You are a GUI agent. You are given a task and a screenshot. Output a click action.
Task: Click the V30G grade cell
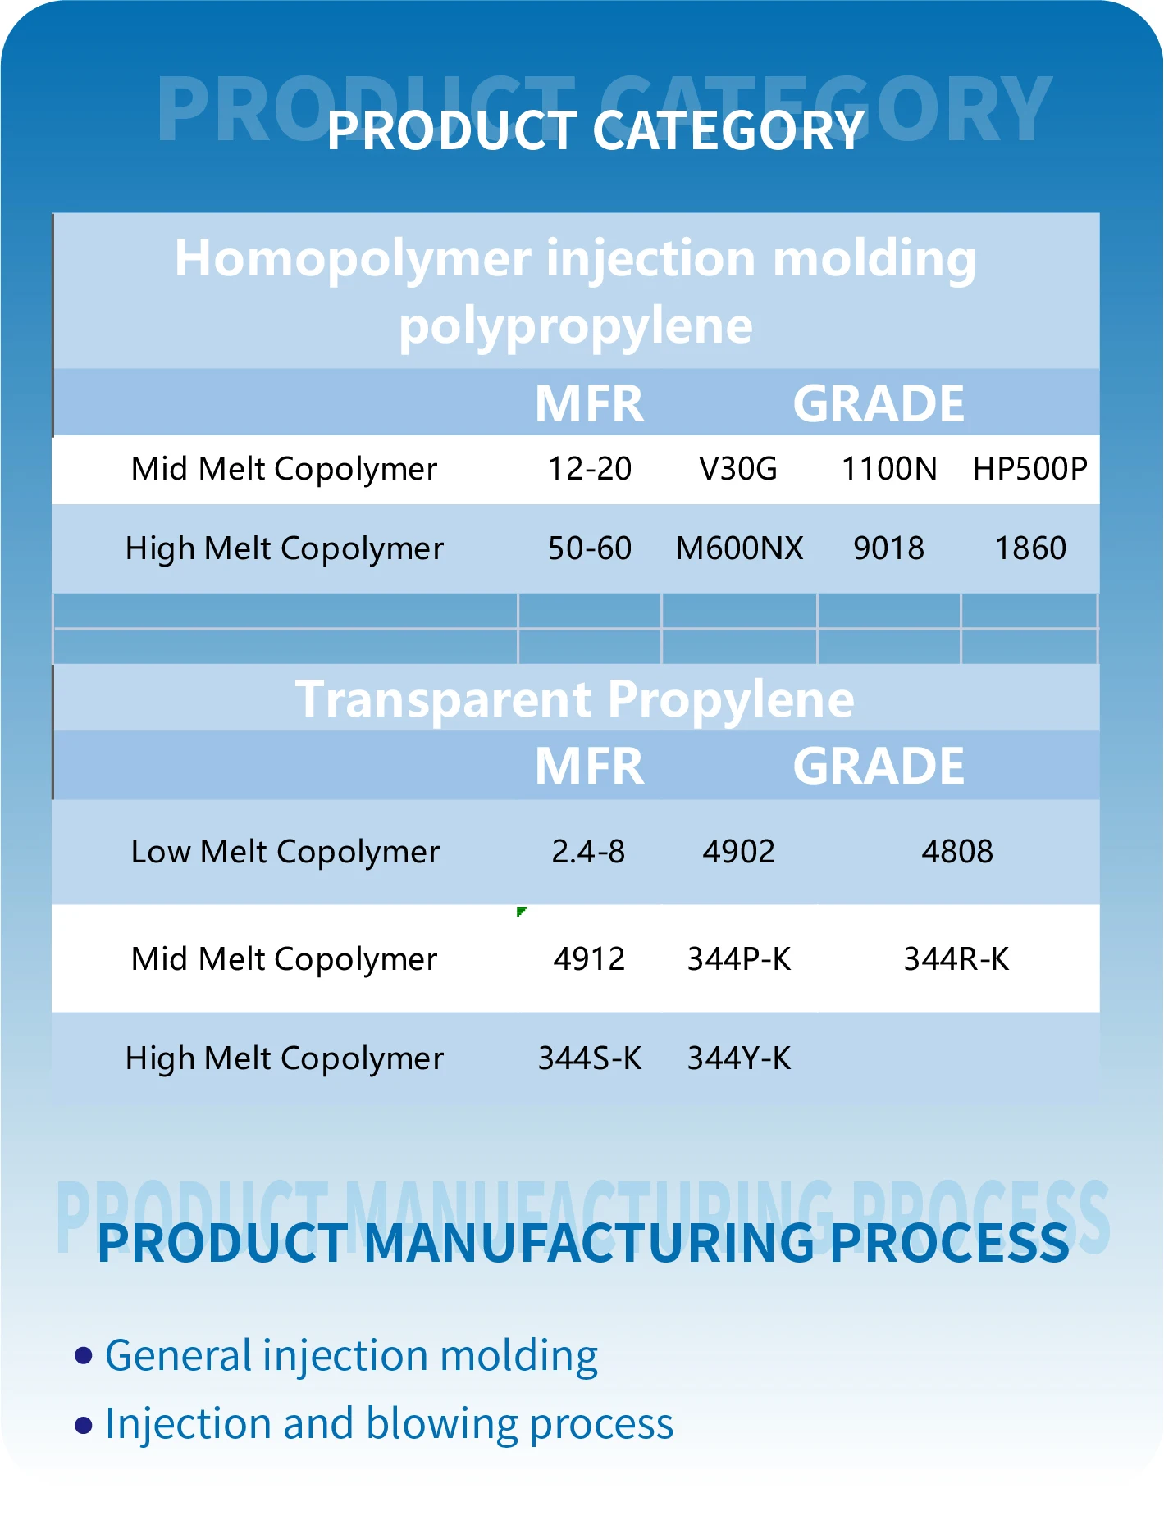click(737, 469)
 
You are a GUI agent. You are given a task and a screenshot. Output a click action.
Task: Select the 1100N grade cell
click(889, 469)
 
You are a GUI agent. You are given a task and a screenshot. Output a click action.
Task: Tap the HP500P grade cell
click(1029, 469)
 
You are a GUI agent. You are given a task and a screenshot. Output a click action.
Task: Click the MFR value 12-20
click(589, 469)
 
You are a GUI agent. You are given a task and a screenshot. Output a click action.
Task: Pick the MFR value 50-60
click(589, 548)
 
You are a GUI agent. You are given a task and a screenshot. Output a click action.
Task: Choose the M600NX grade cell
click(739, 548)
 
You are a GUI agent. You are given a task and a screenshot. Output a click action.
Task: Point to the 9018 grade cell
click(888, 548)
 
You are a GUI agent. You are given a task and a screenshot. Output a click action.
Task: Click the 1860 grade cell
click(1030, 548)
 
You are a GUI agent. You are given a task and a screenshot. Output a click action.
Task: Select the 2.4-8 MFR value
click(588, 852)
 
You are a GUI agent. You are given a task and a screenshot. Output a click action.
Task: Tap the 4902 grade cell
click(738, 852)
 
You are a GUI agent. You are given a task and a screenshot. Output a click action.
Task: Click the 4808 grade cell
click(957, 852)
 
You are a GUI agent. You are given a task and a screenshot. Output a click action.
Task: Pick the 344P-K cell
click(739, 959)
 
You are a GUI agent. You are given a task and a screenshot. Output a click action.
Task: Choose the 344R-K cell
click(956, 959)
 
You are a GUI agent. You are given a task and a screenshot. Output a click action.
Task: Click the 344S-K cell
click(589, 1058)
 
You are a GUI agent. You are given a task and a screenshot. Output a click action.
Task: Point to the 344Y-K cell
click(739, 1058)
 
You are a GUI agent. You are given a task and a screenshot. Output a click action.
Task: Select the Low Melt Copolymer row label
click(285, 852)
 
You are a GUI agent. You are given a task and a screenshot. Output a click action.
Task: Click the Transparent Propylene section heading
click(575, 699)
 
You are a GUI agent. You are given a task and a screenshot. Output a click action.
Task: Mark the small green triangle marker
click(521, 911)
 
